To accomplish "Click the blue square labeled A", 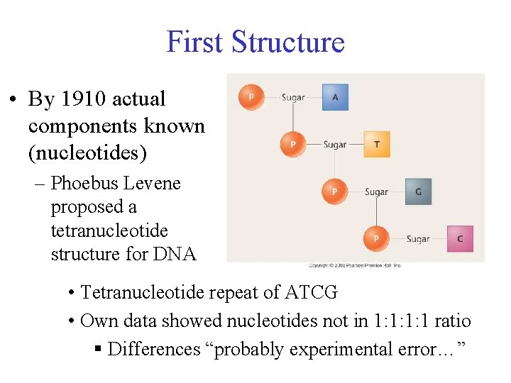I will tap(335, 97).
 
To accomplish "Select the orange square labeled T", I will tap(376, 144).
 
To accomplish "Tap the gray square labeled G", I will tap(418, 191).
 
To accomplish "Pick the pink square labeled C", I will tap(459, 238).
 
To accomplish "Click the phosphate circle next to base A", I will tap(251, 97).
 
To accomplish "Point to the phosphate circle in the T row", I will tap(292, 144).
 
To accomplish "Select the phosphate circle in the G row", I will tap(334, 191).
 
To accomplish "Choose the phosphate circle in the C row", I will tap(375, 238).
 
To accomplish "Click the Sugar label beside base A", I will tap(293, 97).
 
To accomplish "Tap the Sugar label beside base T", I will tap(334, 145).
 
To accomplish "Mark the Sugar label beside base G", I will tap(376, 191).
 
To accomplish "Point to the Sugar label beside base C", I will tap(418, 239).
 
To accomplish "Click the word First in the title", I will tap(195, 42).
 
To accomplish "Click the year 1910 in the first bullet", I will tap(87, 99).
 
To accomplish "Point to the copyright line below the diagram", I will tap(354, 265).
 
